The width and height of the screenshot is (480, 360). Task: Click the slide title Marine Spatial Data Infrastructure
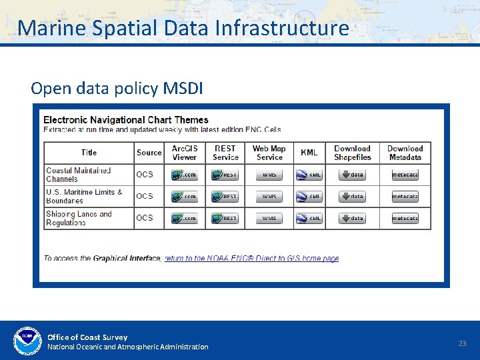(x=183, y=28)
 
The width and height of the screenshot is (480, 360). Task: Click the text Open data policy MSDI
(x=117, y=89)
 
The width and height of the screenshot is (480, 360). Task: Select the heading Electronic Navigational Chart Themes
(x=126, y=120)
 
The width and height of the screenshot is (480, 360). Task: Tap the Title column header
(x=89, y=153)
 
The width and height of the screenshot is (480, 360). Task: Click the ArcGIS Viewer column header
(x=185, y=153)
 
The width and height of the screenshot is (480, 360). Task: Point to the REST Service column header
(x=225, y=153)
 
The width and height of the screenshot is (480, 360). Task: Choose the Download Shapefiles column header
(x=352, y=153)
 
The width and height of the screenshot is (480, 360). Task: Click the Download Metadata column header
(x=405, y=153)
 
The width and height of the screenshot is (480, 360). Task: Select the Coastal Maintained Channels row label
(x=79, y=175)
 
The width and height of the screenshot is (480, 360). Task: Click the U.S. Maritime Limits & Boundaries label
(x=84, y=196)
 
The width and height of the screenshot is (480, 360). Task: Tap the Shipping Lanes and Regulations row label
(x=79, y=218)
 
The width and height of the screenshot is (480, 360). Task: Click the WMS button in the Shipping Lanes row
(x=269, y=218)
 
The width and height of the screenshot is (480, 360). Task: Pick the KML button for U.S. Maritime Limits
(x=309, y=197)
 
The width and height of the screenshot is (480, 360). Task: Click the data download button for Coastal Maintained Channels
(x=352, y=175)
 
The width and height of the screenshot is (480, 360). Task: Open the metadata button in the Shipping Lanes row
(x=405, y=218)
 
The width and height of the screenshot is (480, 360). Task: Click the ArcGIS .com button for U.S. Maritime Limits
(x=185, y=197)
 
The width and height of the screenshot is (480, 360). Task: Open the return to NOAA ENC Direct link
(x=251, y=259)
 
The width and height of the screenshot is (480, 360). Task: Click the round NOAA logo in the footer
(x=27, y=341)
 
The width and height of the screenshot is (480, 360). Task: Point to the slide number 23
(x=462, y=343)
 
